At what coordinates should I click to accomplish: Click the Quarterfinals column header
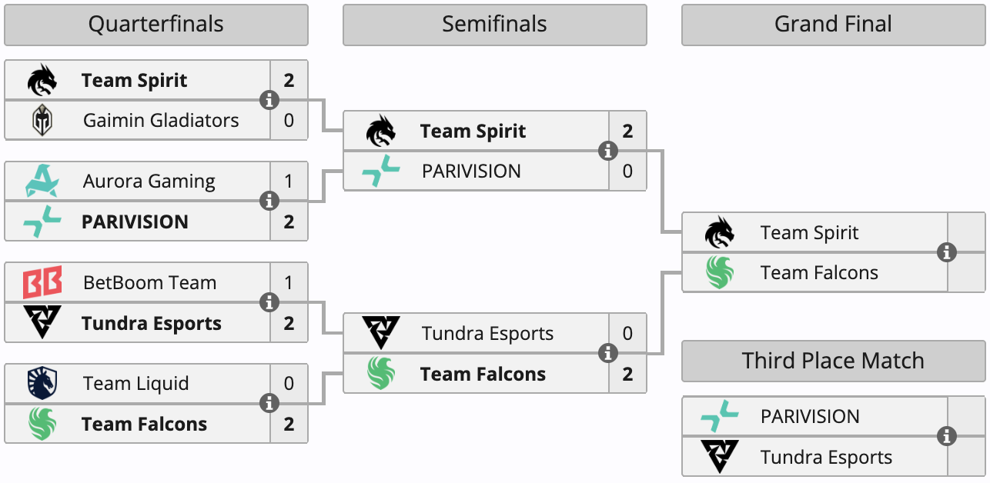point(156,25)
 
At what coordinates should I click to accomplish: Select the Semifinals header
point(494,25)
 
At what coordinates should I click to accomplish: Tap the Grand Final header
point(833,25)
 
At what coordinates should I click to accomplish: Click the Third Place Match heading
point(833,361)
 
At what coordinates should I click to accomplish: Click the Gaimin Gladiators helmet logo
point(42,120)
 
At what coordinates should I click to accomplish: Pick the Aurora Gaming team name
point(149,181)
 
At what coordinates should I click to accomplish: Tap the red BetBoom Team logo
point(42,282)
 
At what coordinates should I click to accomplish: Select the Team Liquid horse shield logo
point(42,383)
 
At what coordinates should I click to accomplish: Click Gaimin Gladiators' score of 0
point(289,120)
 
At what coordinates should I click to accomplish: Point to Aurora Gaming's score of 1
point(289,181)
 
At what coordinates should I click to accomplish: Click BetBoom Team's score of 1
point(289,282)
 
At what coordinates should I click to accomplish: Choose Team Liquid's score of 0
point(289,383)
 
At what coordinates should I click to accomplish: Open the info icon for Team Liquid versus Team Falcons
point(269,403)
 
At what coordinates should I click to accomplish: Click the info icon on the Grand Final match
point(947,252)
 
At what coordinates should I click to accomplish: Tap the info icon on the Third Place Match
point(947,436)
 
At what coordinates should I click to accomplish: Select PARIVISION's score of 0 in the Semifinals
point(627,171)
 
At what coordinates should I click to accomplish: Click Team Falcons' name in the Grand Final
point(819,272)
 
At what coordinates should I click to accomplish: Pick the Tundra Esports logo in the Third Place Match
point(720,457)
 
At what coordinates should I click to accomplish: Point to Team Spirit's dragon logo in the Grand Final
point(720,232)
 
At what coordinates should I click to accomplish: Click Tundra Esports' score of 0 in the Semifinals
point(627,333)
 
